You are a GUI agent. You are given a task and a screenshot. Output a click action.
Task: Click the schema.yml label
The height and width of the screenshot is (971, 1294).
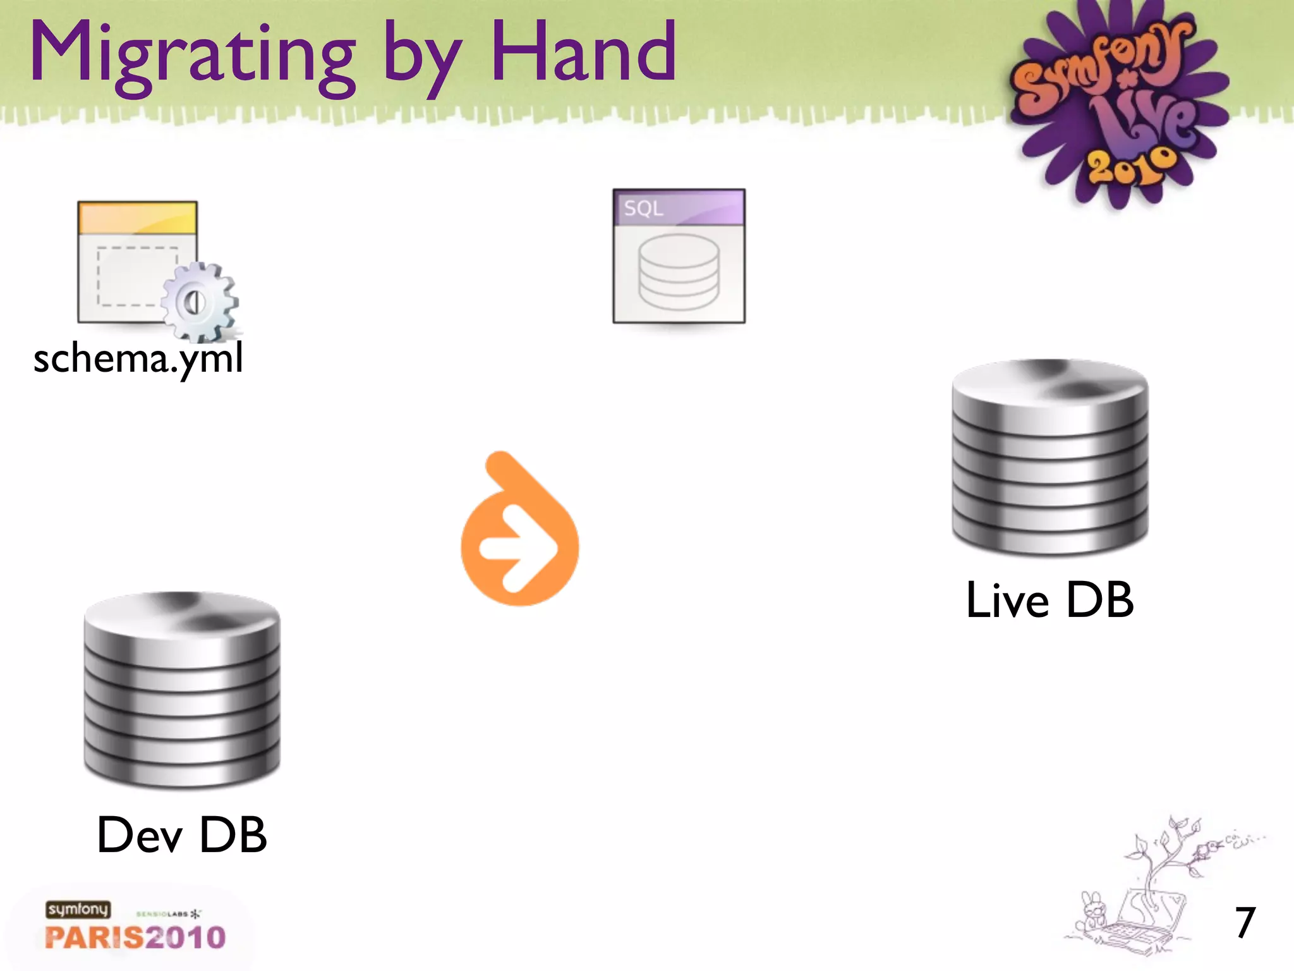click(x=138, y=359)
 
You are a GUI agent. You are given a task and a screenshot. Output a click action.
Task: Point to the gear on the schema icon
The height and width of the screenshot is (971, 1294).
click(x=198, y=302)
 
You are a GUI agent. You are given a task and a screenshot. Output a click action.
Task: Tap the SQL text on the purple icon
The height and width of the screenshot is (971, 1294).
click(x=643, y=208)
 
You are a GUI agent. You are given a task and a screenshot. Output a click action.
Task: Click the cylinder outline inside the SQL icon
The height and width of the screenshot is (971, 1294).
click(x=679, y=272)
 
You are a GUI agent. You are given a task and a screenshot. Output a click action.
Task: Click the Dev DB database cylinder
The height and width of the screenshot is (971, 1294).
click(x=182, y=690)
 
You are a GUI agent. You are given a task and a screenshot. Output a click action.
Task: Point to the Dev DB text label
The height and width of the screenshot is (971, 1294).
click(x=182, y=834)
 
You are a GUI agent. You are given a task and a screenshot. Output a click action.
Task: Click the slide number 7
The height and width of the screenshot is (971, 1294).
click(x=1245, y=923)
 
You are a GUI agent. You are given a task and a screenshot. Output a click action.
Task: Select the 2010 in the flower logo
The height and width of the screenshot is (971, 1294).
click(x=1131, y=166)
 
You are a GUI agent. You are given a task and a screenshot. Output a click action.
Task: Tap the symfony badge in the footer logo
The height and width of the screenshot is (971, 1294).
click(x=78, y=909)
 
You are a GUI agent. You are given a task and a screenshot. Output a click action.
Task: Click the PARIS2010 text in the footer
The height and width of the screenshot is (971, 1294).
click(x=135, y=937)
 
